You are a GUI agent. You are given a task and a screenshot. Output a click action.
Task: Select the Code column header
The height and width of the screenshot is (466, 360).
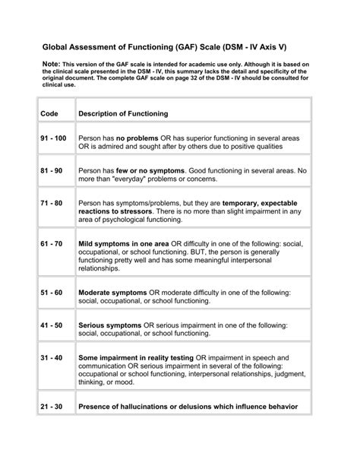49,113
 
